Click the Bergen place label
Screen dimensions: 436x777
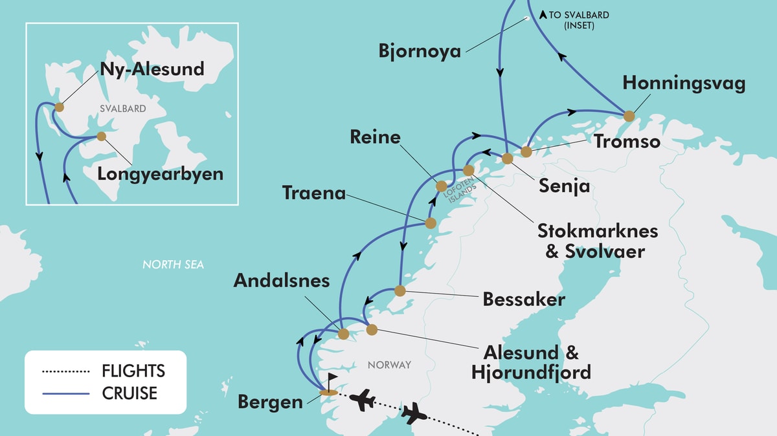(270, 402)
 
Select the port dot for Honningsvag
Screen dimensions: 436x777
(629, 116)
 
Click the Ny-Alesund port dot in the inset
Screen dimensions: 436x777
(60, 107)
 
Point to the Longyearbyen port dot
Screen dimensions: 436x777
(101, 136)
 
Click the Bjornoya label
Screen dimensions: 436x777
(420, 51)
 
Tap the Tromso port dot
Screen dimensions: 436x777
(526, 152)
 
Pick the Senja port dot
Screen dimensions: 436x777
(508, 158)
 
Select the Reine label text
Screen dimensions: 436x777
(375, 137)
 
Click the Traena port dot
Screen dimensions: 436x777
(429, 223)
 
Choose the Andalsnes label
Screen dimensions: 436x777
(282, 281)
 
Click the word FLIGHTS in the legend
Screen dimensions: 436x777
(133, 371)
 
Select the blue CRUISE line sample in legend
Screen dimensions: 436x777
(65, 393)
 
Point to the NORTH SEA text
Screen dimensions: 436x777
(173, 265)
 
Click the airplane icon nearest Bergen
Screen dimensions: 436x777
(363, 399)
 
